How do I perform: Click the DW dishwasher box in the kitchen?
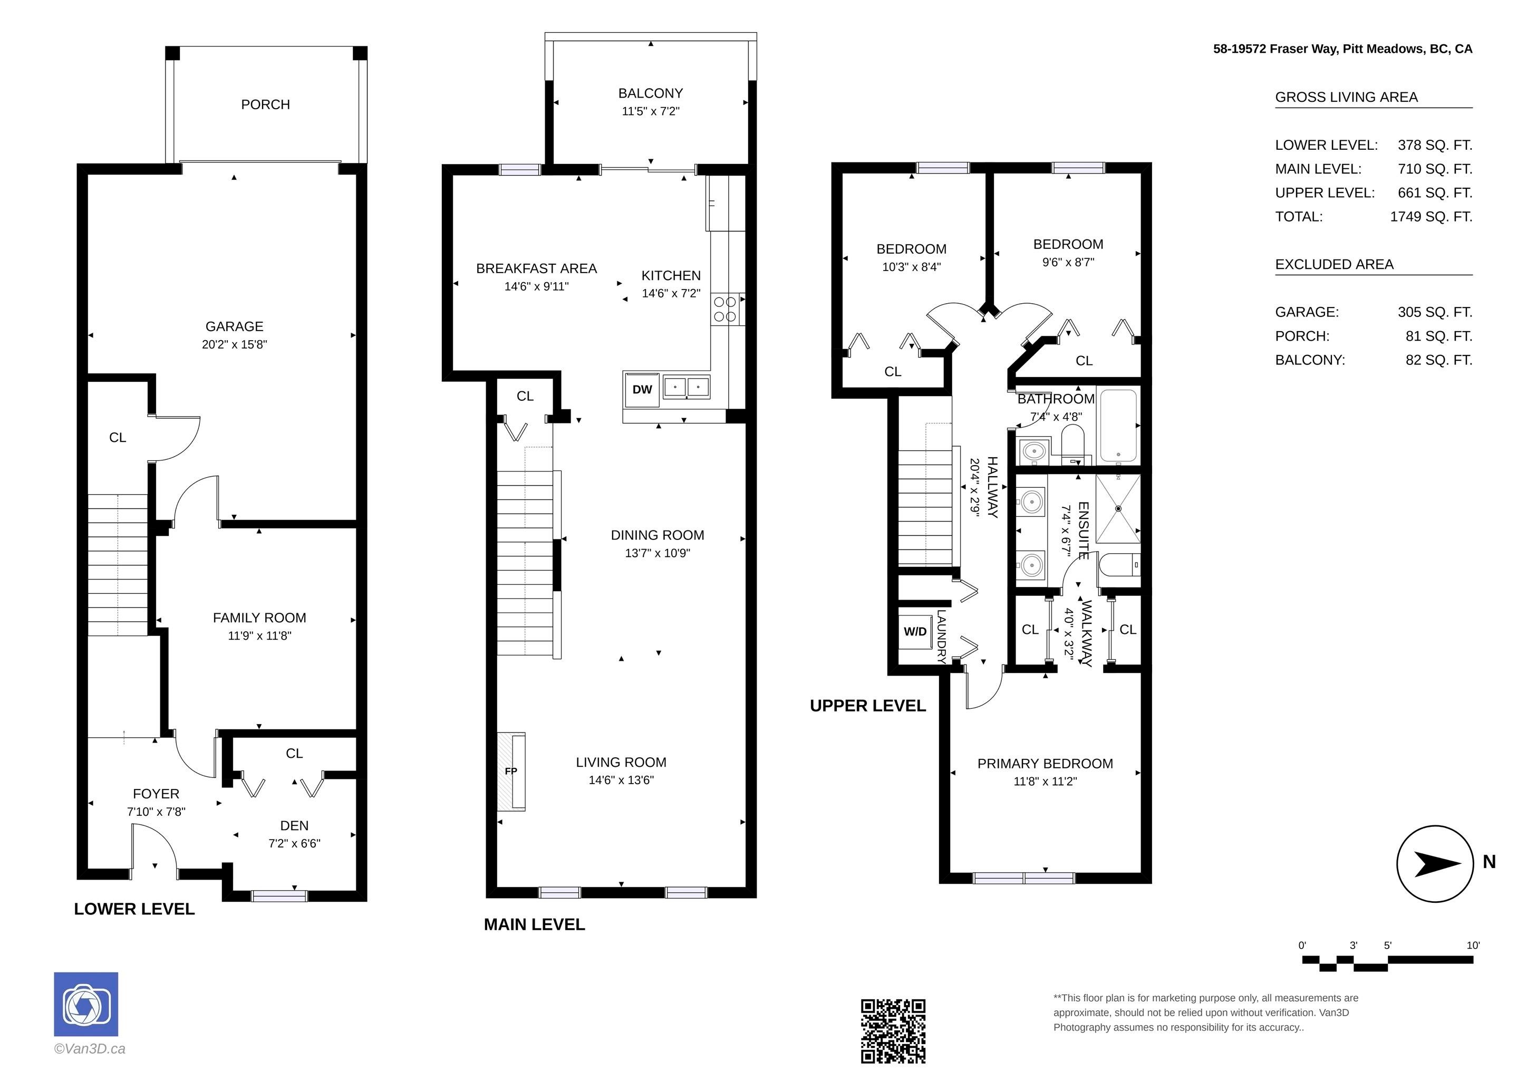[x=642, y=389]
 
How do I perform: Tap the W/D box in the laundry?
[x=915, y=631]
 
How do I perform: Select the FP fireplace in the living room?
[x=511, y=772]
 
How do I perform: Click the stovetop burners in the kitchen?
[x=725, y=309]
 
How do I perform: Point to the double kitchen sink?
[x=687, y=387]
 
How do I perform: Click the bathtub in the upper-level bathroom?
[x=1119, y=426]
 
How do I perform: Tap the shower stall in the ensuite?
[x=1118, y=509]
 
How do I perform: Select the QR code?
[x=893, y=1031]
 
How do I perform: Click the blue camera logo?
[x=86, y=1004]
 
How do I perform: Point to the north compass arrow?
[x=1436, y=864]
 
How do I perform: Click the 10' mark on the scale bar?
[x=1473, y=945]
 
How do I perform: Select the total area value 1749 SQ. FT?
[x=1431, y=217]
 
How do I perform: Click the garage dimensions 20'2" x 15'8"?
[x=234, y=344]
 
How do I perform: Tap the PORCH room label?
[x=265, y=104]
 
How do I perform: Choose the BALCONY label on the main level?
[x=651, y=93]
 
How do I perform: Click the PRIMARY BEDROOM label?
[x=1045, y=764]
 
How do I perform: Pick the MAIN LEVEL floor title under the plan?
[x=534, y=924]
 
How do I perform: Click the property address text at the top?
[x=1343, y=49]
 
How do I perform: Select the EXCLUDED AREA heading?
[x=1334, y=264]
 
